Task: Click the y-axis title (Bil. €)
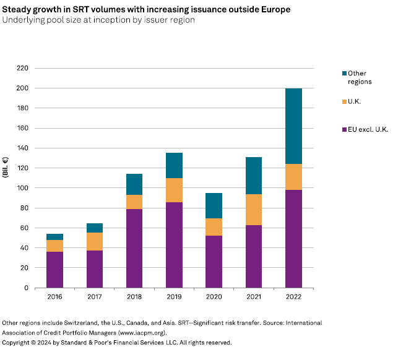tap(7, 167)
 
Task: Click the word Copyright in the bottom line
tap(19, 342)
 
